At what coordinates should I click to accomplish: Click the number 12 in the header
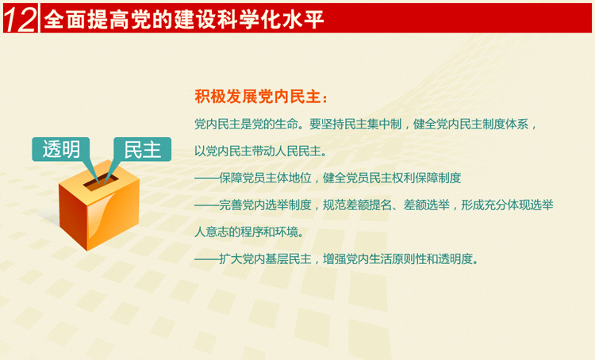[20, 19]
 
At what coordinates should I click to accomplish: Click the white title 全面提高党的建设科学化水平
[184, 19]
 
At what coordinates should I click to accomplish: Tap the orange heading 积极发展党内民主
[257, 97]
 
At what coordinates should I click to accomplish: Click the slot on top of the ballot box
[101, 182]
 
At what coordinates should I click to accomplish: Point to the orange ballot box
[99, 205]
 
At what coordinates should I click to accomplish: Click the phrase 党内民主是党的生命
[246, 124]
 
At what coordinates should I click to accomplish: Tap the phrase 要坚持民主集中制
[355, 124]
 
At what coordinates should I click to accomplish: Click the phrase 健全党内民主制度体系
[470, 124]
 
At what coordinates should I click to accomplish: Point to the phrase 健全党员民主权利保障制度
[392, 178]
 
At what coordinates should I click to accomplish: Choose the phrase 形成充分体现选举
[507, 205]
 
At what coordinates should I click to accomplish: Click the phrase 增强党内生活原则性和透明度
[397, 259]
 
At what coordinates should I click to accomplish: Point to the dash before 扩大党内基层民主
[206, 259]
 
